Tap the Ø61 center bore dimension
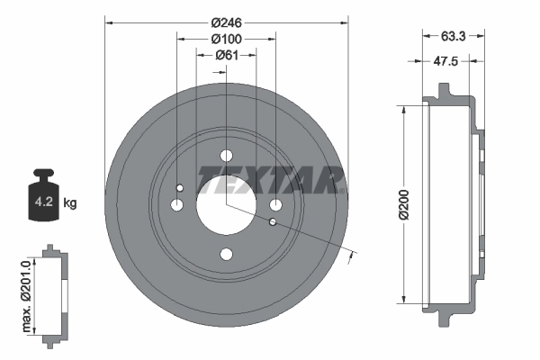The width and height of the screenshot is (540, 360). [225, 57]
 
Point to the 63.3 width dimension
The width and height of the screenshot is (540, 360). [454, 38]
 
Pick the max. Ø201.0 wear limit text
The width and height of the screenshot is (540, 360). [26, 294]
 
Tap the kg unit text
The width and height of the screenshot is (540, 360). [70, 203]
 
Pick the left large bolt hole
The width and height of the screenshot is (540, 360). [176, 205]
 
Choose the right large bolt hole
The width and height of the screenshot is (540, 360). [275, 205]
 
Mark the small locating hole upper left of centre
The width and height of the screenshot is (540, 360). [181, 187]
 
